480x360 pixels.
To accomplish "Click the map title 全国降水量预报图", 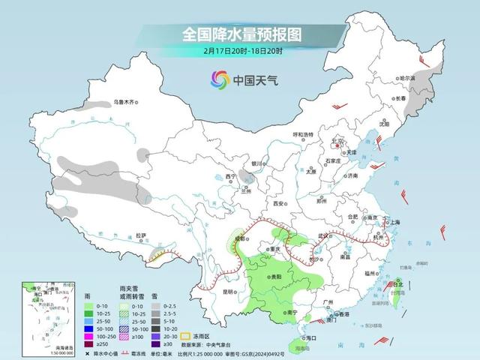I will tap(240, 34).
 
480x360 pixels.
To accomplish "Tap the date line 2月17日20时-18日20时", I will tap(240, 51).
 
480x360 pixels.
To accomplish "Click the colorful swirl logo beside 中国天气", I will tap(220, 78).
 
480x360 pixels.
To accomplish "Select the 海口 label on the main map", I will tap(312, 338).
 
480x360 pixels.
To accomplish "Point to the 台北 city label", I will tap(399, 284).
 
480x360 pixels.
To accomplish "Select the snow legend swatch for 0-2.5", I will tap(154, 307).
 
